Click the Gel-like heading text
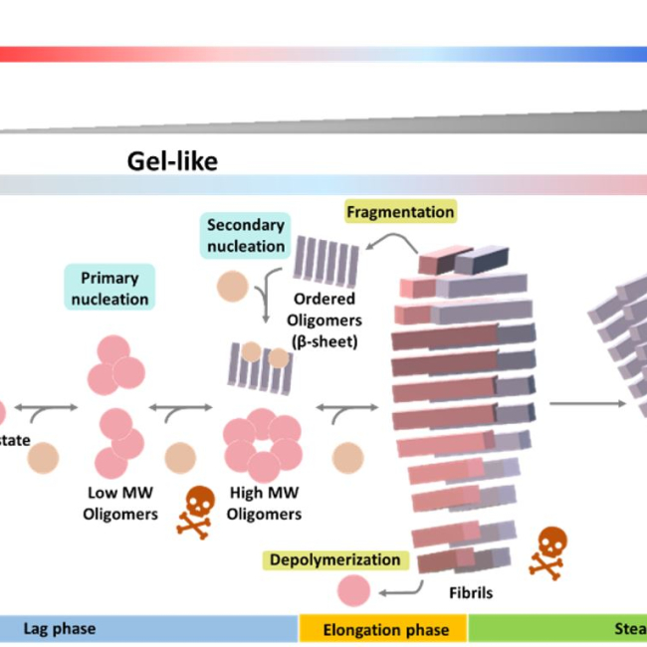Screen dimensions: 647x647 (172, 160)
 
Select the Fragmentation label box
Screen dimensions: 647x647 (400, 211)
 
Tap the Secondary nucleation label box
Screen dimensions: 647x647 (246, 234)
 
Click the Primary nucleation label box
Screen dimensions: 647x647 (108, 288)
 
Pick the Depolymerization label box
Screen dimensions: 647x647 (333, 560)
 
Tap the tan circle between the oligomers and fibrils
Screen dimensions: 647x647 (347, 458)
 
